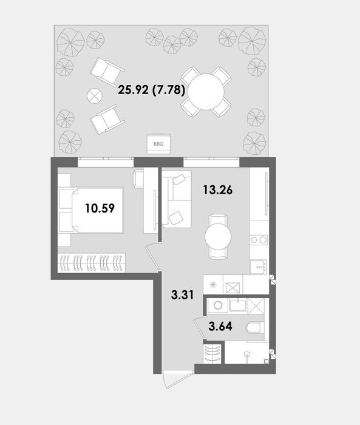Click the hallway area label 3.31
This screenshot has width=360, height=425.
click(x=183, y=297)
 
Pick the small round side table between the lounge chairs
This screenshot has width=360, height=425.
click(x=93, y=96)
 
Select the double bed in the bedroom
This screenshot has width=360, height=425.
click(x=94, y=209)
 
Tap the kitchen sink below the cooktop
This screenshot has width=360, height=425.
click(x=259, y=265)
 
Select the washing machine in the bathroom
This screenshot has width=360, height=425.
click(x=217, y=307)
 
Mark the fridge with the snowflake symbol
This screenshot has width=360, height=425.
click(x=213, y=285)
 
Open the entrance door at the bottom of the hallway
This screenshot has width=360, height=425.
click(x=171, y=379)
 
